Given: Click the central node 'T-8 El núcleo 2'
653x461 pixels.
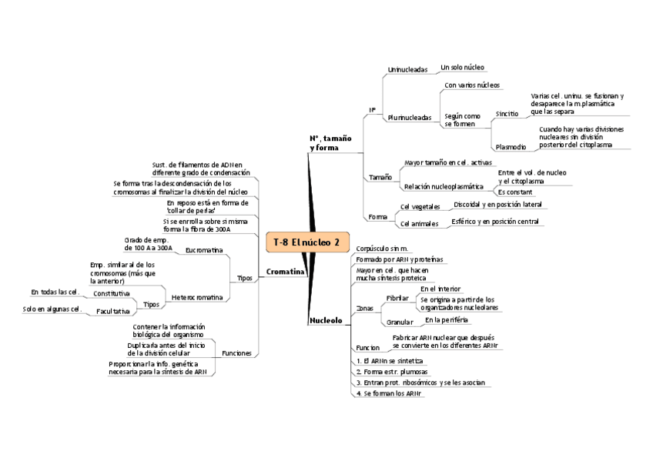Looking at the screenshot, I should (306, 242).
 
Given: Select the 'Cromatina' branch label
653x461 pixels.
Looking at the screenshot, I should (284, 272).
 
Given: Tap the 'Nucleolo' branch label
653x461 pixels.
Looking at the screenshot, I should (325, 320).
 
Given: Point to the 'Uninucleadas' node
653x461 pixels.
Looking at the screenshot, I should (407, 70).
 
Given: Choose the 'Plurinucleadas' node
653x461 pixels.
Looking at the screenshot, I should (410, 118).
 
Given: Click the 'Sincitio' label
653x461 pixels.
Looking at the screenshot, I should (507, 113).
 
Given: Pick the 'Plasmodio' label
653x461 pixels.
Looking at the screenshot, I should (511, 146).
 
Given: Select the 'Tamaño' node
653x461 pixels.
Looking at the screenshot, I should (380, 178).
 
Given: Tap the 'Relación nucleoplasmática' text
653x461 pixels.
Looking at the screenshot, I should (444, 186).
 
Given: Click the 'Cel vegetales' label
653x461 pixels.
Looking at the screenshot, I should (420, 207).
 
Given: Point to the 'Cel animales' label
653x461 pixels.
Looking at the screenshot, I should (418, 224).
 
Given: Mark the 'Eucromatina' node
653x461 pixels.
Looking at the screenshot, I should (204, 250).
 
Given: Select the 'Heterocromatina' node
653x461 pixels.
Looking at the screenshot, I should (197, 297).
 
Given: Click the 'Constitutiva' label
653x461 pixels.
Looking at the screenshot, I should (111, 293).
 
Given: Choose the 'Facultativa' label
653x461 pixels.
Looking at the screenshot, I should (113, 312).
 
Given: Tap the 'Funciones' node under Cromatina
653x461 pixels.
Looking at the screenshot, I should (236, 353).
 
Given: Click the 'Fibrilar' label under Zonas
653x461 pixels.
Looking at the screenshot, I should (397, 298).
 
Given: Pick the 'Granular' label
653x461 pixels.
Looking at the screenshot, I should (400, 322).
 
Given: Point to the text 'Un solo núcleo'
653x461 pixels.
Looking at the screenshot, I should (462, 68).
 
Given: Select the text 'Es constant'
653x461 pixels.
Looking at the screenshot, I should (515, 192).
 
